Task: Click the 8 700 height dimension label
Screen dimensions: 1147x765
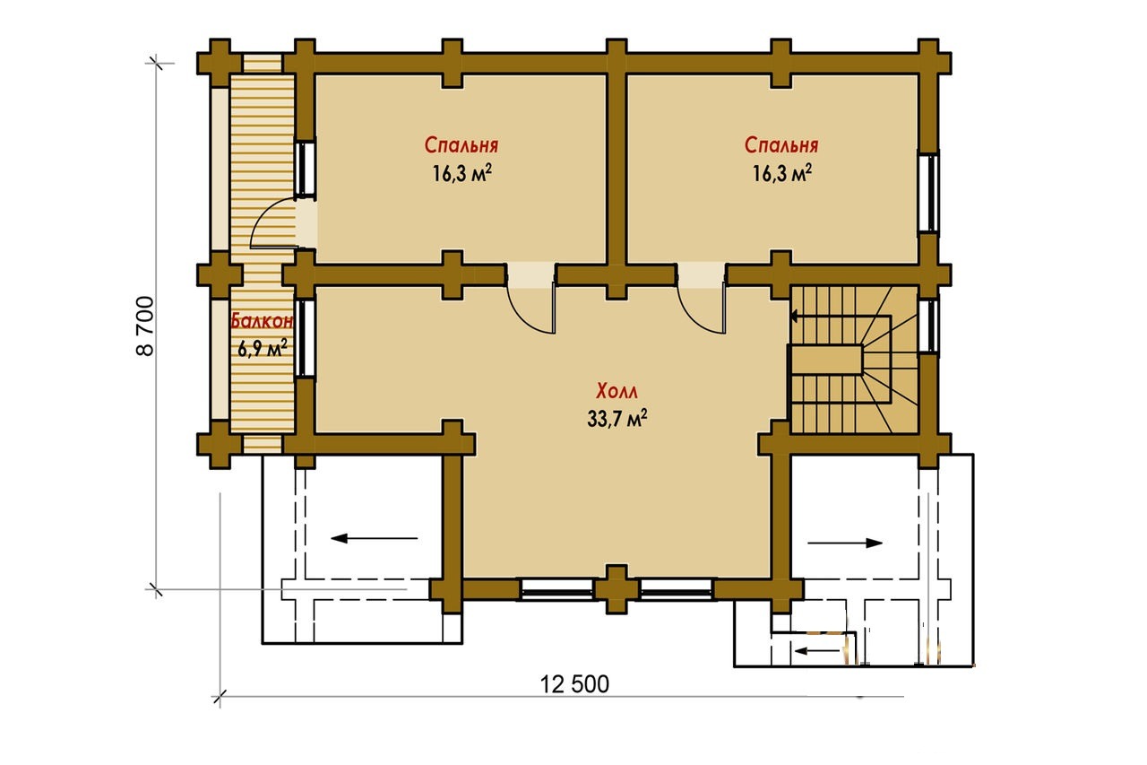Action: pyautogui.click(x=145, y=326)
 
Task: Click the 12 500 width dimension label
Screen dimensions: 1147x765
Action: pyautogui.click(x=574, y=684)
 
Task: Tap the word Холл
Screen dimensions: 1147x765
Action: pyautogui.click(x=617, y=391)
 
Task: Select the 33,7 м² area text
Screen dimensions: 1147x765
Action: pyautogui.click(x=617, y=419)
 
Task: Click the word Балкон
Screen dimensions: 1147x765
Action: pyautogui.click(x=262, y=321)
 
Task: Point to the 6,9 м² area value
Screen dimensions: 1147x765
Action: pyautogui.click(x=262, y=349)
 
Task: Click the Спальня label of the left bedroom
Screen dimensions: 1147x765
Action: pyautogui.click(x=461, y=145)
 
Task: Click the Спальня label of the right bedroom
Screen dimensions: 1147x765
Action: pyautogui.click(x=780, y=145)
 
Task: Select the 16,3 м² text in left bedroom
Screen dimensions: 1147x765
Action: pyautogui.click(x=461, y=173)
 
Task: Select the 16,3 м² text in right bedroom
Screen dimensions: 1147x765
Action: pyautogui.click(x=782, y=173)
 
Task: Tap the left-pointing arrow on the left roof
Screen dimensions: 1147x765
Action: pyautogui.click(x=375, y=538)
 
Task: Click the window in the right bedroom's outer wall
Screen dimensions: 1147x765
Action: pyautogui.click(x=927, y=193)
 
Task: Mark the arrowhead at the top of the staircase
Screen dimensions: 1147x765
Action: pyautogui.click(x=794, y=317)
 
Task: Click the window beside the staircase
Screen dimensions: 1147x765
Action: pyautogui.click(x=927, y=326)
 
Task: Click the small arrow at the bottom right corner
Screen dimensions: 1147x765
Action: pyautogui.click(x=818, y=651)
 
